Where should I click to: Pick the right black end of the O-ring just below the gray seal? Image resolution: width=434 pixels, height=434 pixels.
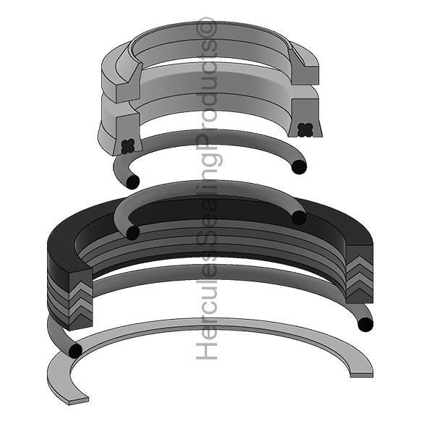(x=299, y=167)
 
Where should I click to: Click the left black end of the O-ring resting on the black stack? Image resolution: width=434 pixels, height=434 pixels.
(x=132, y=232)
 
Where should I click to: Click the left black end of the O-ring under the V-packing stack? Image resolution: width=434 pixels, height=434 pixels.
(x=74, y=351)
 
